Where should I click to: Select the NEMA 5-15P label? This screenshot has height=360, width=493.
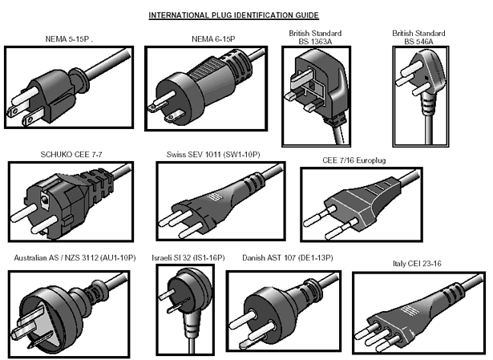point(68,38)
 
